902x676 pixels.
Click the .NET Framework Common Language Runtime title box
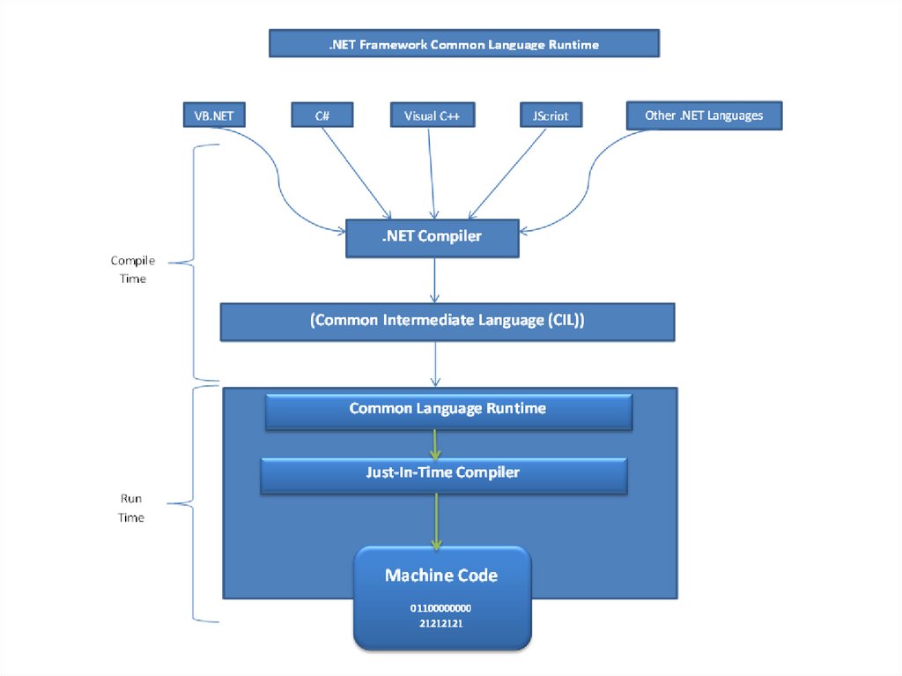coord(464,44)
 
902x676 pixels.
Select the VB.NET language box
coord(213,115)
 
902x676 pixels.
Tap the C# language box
coord(322,115)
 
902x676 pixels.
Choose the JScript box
coord(551,115)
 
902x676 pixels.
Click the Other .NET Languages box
coord(704,115)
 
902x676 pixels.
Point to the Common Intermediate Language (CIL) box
coord(447,322)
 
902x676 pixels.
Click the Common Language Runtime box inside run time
coord(447,409)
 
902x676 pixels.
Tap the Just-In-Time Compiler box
coord(443,472)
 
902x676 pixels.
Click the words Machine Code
coord(441,576)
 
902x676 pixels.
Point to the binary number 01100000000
coord(441,609)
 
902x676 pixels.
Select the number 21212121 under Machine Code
coord(441,624)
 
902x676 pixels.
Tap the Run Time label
coord(131,508)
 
